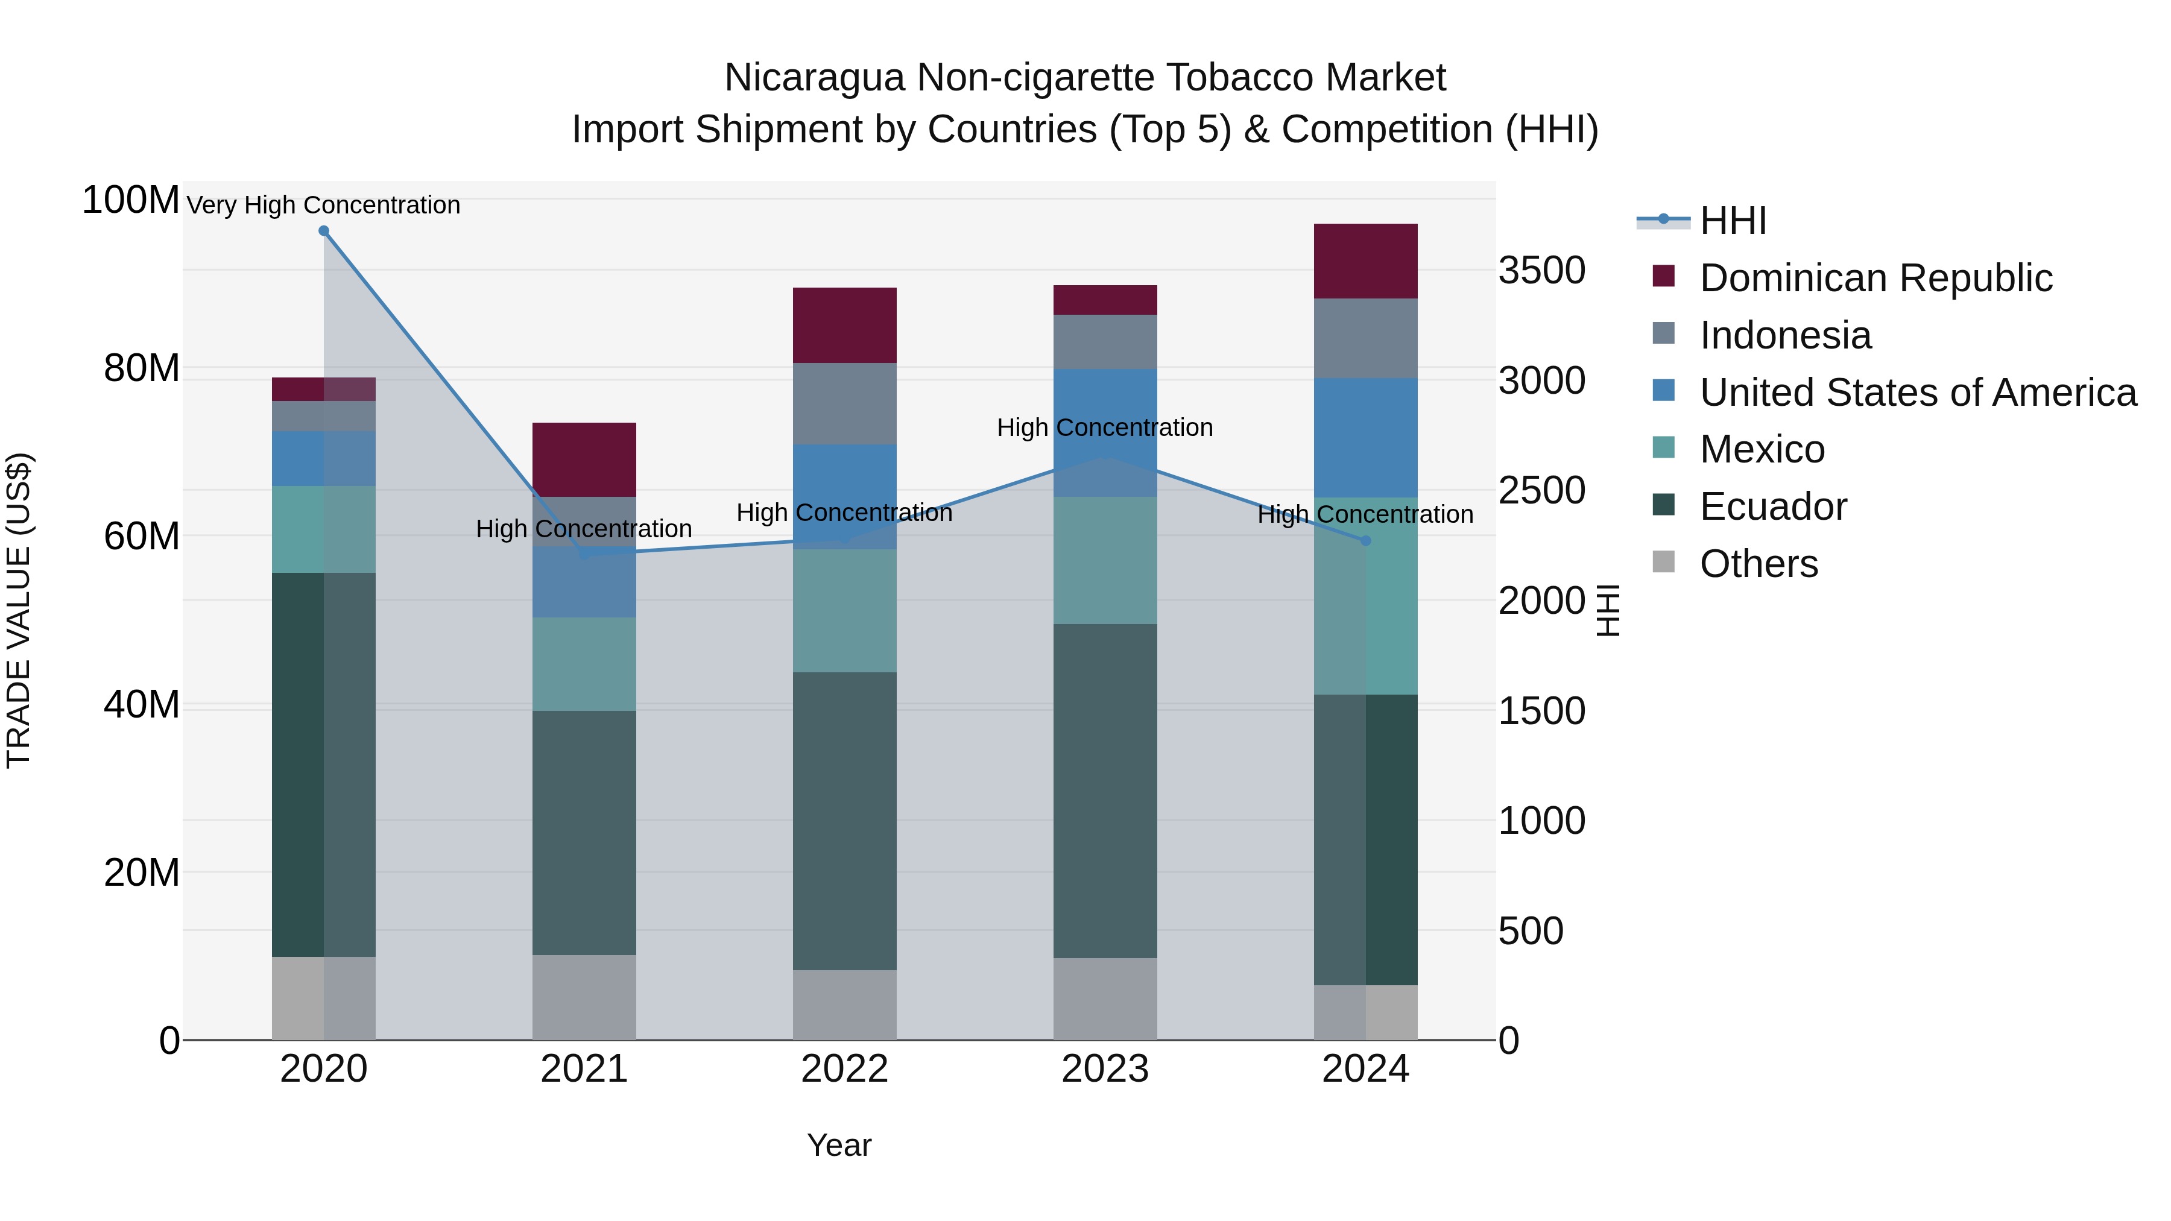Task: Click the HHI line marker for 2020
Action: [324, 231]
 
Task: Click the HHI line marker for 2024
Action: [1366, 541]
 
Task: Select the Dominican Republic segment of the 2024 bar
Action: [1365, 261]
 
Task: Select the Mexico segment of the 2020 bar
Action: [324, 529]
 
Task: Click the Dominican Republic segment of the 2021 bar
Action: [584, 459]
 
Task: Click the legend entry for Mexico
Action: [1762, 449]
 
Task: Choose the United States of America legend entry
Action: [1917, 393]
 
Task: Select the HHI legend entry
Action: [1732, 221]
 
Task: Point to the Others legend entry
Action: [1758, 564]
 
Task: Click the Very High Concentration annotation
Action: [324, 205]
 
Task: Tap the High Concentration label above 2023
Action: [1105, 428]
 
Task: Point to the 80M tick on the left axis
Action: [141, 368]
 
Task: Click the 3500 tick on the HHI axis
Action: [1541, 271]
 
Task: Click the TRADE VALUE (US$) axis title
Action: [19, 610]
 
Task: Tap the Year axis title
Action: [839, 1145]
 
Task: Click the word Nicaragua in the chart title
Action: [814, 78]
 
